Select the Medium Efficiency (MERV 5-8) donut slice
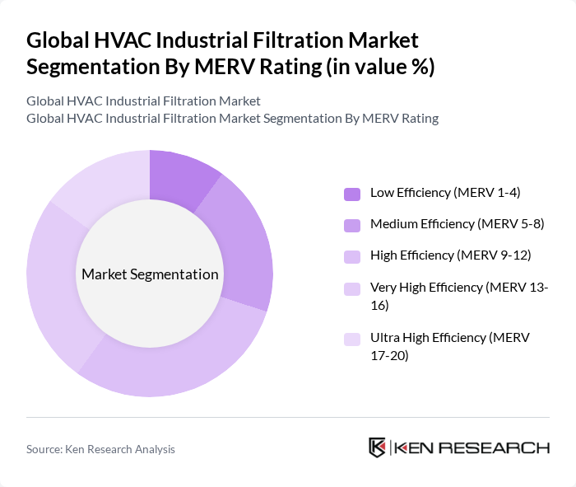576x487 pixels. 242,247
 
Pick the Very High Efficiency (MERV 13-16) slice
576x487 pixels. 56,280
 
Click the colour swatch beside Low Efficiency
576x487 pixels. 352,194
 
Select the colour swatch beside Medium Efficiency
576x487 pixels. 352,225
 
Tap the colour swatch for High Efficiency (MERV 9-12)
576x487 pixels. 352,256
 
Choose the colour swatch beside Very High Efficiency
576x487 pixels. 352,288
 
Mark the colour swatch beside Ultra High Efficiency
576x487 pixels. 352,339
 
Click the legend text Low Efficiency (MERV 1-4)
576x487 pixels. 445,193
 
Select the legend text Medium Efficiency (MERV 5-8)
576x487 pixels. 457,224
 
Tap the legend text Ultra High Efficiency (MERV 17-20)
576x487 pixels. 449,347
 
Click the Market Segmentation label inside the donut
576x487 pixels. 149,274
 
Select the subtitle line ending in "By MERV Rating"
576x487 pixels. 232,118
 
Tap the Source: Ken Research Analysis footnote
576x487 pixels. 100,449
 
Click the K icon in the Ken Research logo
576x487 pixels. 378,447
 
